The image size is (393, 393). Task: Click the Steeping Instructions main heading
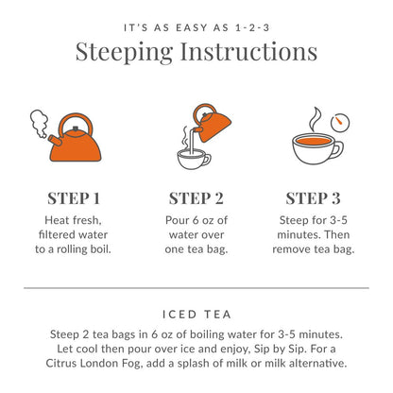pyautogui.click(x=196, y=51)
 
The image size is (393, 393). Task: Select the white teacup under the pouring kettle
pyautogui.click(x=194, y=156)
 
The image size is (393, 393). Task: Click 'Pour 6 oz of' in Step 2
pyautogui.click(x=196, y=219)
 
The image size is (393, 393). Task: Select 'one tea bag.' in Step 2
pyautogui.click(x=196, y=249)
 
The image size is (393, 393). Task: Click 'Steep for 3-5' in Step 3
pyautogui.click(x=313, y=219)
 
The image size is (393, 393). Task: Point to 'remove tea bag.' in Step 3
pyautogui.click(x=313, y=249)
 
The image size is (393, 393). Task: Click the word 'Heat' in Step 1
pyautogui.click(x=53, y=219)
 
